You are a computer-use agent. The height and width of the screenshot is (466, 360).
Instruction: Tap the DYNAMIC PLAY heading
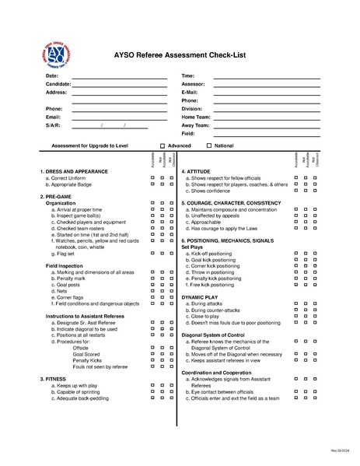coord(200,296)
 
